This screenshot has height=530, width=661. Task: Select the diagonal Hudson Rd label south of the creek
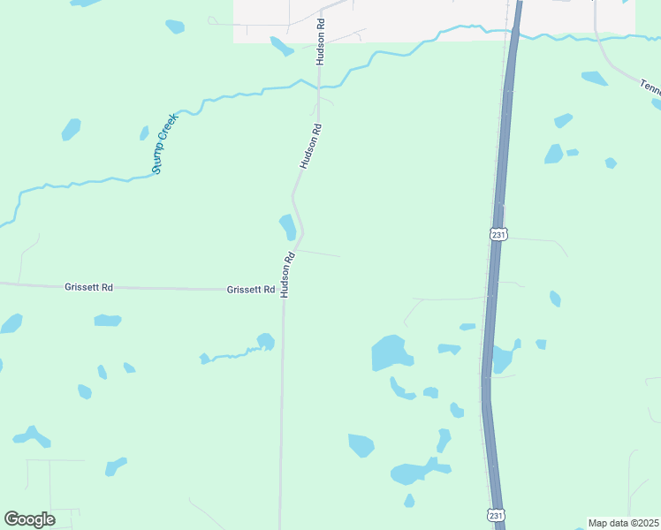coord(310,146)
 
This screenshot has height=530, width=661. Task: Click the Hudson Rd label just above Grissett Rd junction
coord(286,275)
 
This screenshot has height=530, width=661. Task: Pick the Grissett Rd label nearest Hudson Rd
coord(251,290)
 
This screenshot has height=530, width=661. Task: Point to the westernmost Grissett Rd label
coord(88,287)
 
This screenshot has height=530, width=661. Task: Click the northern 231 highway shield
coord(498,233)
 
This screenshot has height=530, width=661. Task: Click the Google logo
coord(29,519)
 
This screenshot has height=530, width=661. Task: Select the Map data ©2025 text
coord(623,523)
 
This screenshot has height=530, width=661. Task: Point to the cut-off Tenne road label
coord(650,87)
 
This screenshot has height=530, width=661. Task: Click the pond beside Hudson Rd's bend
coord(287,226)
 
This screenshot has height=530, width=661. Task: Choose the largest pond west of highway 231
coord(390,352)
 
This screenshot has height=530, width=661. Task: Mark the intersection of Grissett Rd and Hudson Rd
coord(283,290)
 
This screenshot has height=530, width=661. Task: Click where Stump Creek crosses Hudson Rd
coord(319,87)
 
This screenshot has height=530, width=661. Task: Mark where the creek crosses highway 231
coord(512,33)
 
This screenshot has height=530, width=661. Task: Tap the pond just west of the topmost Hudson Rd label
coord(281,45)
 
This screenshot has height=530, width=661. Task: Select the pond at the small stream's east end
coord(264,341)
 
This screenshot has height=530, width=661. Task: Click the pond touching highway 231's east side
coord(502,358)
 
